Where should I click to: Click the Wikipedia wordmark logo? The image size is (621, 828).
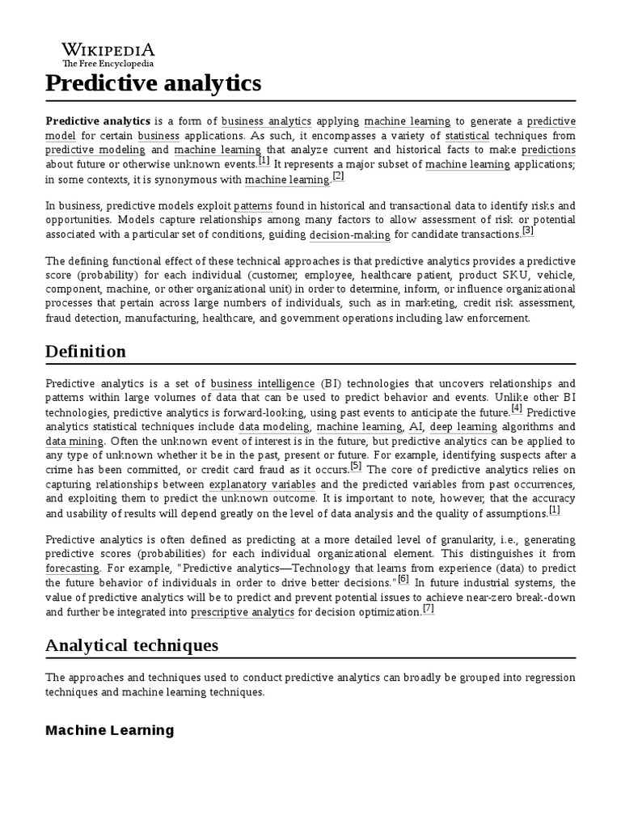coord(109,49)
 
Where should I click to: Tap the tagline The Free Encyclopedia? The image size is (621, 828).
coord(108,63)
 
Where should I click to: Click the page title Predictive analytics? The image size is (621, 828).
coord(154,83)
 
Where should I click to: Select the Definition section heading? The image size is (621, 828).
coord(86,352)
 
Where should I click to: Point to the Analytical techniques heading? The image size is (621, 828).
coord(132,645)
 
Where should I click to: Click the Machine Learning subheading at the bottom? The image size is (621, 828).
coord(109,730)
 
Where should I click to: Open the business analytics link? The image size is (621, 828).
coord(266,121)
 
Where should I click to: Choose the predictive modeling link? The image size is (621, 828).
coord(95,150)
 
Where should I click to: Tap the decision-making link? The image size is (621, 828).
coord(349,234)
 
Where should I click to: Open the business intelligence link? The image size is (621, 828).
coord(263,383)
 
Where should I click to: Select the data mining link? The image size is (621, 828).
coord(74,441)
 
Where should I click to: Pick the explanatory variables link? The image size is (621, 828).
coord(262,485)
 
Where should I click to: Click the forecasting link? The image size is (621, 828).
coord(72,568)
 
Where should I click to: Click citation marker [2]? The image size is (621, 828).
coord(338,176)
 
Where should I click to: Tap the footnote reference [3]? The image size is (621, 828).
coord(527,230)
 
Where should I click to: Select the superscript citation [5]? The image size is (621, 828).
coord(356,467)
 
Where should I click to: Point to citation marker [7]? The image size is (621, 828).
coord(429,609)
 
